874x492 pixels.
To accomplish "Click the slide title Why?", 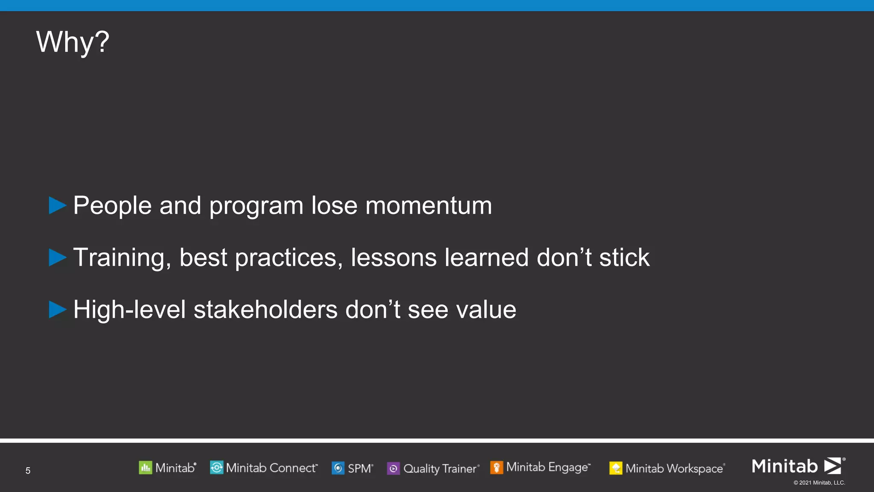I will click(73, 42).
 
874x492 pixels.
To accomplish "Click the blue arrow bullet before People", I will click(57, 205).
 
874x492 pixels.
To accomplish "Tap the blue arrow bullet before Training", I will click(57, 258).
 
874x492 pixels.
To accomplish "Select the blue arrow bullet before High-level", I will click(57, 310).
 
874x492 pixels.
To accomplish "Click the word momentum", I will click(428, 206).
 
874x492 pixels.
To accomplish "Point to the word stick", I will click(624, 258).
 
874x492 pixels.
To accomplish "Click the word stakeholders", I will click(265, 310).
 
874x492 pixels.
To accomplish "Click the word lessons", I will click(393, 258).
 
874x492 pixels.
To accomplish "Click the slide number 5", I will click(28, 471).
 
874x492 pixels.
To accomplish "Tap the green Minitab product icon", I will click(145, 468).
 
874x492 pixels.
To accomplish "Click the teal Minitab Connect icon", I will click(216, 468).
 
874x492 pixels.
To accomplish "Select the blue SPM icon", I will click(338, 468).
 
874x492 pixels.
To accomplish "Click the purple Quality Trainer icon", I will click(393, 469).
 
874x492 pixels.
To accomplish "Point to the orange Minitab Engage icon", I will click(496, 468).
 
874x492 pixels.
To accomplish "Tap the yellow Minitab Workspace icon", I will click(615, 469).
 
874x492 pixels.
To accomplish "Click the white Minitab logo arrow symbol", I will click(833, 466).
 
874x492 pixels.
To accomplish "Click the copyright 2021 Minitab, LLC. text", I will click(819, 483).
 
